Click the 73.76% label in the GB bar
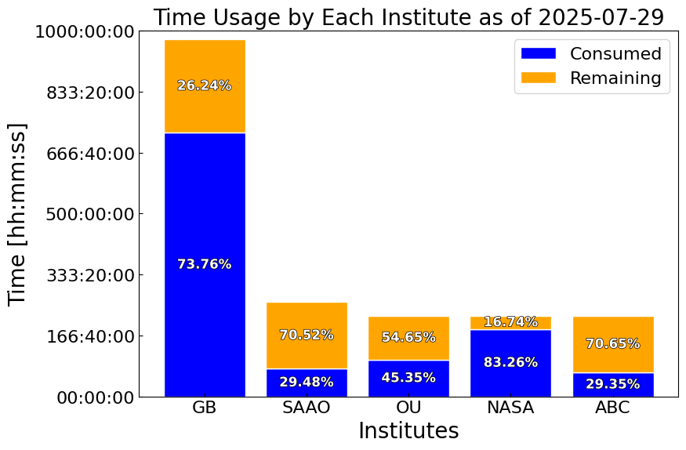tap(205, 264)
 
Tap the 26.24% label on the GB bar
tap(205, 85)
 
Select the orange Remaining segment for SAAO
tap(307, 336)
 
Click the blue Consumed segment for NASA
tap(510, 363)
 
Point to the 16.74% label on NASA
tap(510, 322)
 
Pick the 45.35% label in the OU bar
tap(408, 377)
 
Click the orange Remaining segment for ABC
tap(613, 345)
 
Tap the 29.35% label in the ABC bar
tap(613, 384)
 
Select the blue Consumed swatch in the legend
tap(538, 53)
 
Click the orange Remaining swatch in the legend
tap(538, 78)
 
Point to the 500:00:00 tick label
tap(90, 215)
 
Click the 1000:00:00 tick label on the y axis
tap(85, 32)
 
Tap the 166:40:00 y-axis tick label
tap(90, 337)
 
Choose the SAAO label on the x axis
tap(307, 408)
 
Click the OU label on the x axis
tap(408, 408)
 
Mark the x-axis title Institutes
tap(408, 430)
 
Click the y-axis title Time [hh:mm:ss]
tap(17, 214)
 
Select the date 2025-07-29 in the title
tap(601, 17)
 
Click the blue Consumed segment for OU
tap(408, 379)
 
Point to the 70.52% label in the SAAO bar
tap(307, 335)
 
